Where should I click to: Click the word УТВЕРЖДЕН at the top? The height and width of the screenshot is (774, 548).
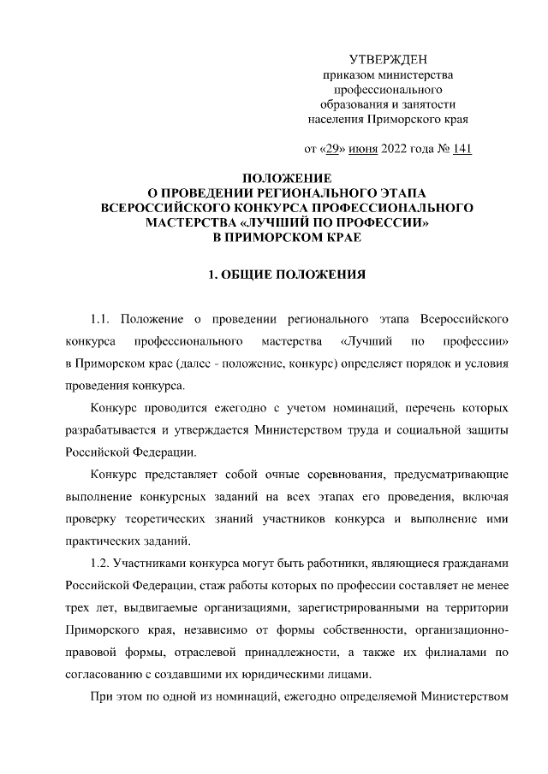click(390, 58)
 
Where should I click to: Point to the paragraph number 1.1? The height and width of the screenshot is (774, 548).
click(102, 320)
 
